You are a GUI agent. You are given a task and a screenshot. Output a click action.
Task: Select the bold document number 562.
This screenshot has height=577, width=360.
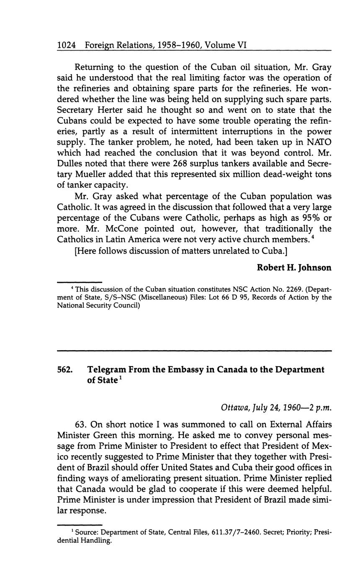(65, 370)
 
